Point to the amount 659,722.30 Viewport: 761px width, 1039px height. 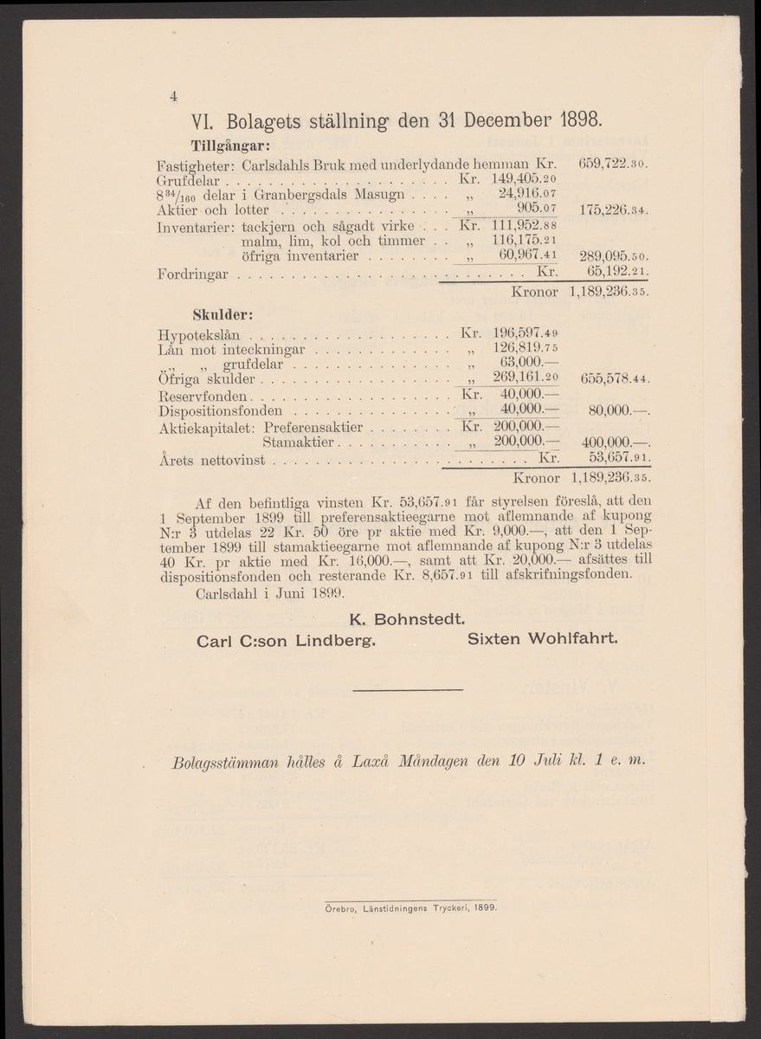[x=611, y=163]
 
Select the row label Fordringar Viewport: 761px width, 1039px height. [x=193, y=274]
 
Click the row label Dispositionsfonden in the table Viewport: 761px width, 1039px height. [x=220, y=410]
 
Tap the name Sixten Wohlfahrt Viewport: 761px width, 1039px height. [x=542, y=640]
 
